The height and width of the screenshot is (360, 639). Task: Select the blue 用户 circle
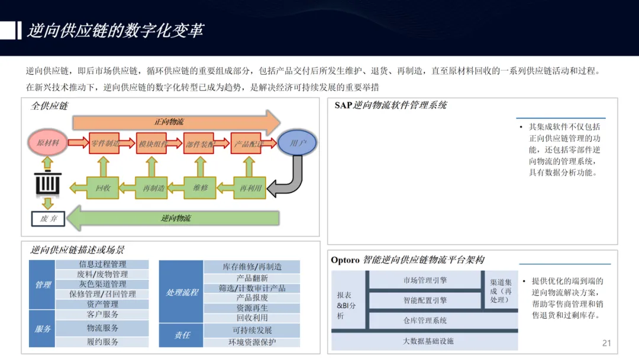click(x=298, y=143)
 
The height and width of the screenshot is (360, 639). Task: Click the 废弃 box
click(x=48, y=218)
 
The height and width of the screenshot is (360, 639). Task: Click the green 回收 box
click(x=102, y=188)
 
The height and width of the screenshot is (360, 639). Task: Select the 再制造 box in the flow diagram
click(x=153, y=188)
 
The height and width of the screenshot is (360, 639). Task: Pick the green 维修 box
click(x=201, y=188)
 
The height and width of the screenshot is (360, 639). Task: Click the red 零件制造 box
click(x=105, y=143)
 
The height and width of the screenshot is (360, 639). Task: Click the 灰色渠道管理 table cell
click(x=102, y=284)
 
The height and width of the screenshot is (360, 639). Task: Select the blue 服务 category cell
click(x=43, y=329)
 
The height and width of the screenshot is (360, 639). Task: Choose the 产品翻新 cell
click(x=252, y=278)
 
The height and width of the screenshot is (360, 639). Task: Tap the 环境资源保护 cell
click(x=252, y=342)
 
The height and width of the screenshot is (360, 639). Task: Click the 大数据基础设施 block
click(x=428, y=341)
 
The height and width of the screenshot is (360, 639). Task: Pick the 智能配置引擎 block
click(x=425, y=300)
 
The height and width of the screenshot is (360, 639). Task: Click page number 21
click(x=606, y=343)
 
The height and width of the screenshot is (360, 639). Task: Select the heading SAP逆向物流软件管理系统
click(x=390, y=105)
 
